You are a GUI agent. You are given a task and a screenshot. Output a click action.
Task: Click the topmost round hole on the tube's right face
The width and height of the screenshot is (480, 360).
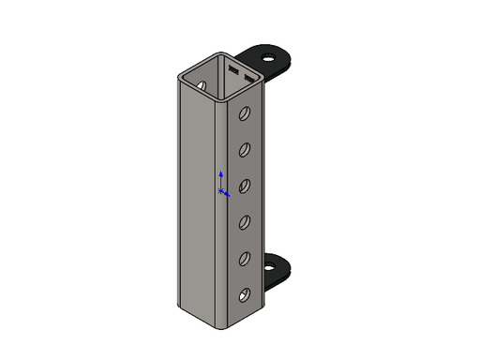245,114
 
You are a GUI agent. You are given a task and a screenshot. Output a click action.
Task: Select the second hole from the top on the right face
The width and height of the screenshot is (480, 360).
245,150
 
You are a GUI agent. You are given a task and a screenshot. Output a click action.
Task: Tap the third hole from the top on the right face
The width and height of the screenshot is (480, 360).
245,186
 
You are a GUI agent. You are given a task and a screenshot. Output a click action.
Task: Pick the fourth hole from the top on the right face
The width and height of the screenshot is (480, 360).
245,222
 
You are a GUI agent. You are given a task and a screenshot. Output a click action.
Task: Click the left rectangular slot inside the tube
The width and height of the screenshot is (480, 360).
233,68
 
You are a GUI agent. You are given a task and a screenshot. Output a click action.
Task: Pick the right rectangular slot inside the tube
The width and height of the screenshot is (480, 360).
249,74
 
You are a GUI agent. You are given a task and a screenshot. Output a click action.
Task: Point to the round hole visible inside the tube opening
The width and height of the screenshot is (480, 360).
201,84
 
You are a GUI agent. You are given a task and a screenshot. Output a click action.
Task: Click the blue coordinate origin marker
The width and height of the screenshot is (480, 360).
221,192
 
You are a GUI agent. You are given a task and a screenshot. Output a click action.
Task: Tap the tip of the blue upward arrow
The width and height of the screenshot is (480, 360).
220,172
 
